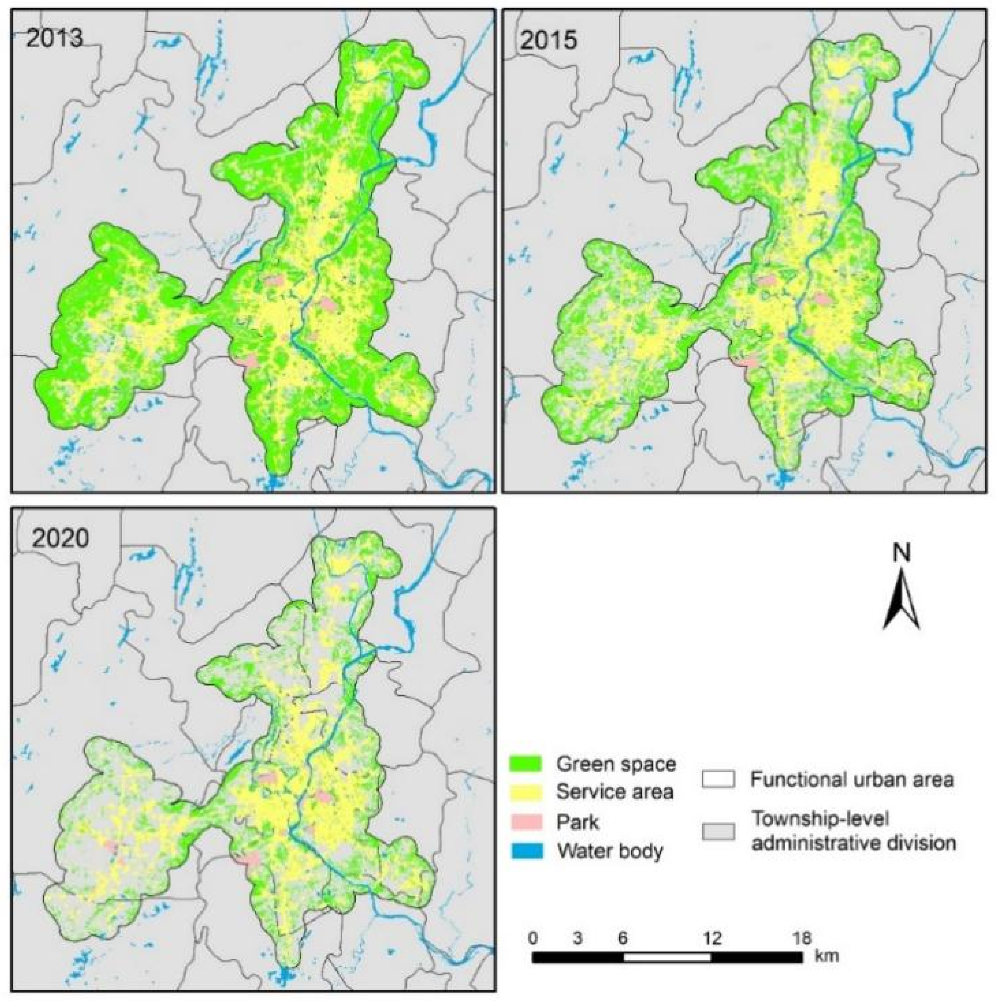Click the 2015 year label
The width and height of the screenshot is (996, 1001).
pyautogui.click(x=548, y=40)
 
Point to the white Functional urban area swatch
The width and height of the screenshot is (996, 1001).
pyautogui.click(x=719, y=779)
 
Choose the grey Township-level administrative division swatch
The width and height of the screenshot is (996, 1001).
pyautogui.click(x=719, y=831)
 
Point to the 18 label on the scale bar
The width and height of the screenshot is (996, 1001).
pyautogui.click(x=802, y=938)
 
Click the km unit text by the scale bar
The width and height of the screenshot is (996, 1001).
pyautogui.click(x=827, y=955)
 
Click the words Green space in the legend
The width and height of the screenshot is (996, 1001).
pyautogui.click(x=617, y=764)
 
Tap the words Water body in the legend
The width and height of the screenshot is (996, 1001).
pyautogui.click(x=610, y=851)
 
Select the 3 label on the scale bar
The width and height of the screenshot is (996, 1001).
pyautogui.click(x=577, y=938)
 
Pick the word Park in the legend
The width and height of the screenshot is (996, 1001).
pyautogui.click(x=578, y=822)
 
